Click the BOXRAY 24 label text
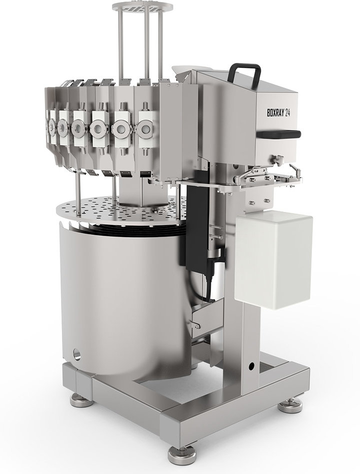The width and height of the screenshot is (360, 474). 278,112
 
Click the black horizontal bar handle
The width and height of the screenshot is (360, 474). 278,134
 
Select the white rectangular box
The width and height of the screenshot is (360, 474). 273,259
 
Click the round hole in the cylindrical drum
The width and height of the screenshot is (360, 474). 77,354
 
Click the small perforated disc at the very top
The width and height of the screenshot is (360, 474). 142,6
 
